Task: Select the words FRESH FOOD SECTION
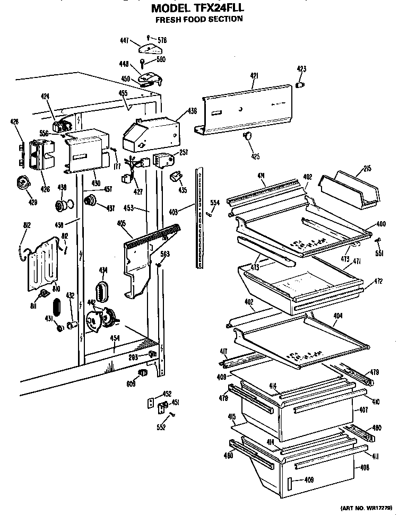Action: tap(199, 19)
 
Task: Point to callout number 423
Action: tap(301, 69)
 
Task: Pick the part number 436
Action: tap(192, 111)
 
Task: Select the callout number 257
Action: tap(183, 152)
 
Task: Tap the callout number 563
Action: tap(165, 254)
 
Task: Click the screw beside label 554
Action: tap(210, 213)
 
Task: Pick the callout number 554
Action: tap(214, 202)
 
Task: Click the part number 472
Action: tap(378, 281)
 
